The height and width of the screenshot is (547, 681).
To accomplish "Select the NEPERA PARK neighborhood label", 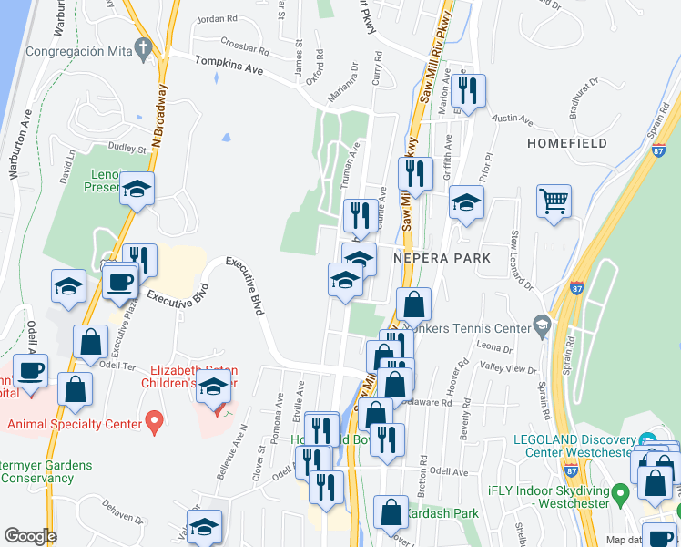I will [x=442, y=258].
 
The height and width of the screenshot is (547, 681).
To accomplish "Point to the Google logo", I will [x=29, y=535].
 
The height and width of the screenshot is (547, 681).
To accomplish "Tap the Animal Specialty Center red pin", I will [x=154, y=423].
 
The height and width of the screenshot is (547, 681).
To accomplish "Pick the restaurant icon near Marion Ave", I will [x=468, y=91].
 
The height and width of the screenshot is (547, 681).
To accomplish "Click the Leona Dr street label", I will [x=495, y=347].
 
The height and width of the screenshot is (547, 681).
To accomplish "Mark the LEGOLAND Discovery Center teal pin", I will [x=647, y=440].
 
